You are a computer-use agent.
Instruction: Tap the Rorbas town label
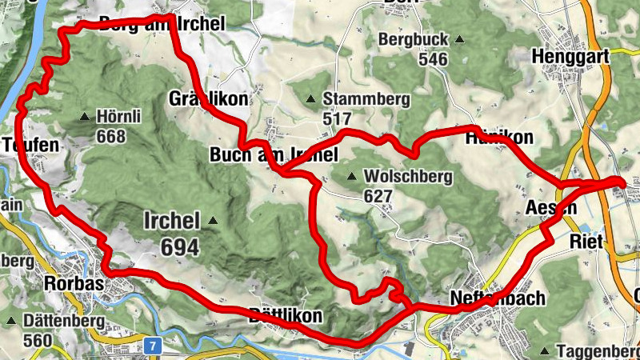pyautogui.click(x=75, y=283)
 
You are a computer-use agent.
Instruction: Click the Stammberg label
pyautogui.click(x=366, y=99)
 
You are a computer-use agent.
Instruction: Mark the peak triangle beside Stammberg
pyautogui.click(x=310, y=99)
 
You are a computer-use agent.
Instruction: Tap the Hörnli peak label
pyautogui.click(x=118, y=117)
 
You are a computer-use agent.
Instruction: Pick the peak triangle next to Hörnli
pyautogui.click(x=84, y=118)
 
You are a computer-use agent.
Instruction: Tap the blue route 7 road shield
pyautogui.click(x=152, y=346)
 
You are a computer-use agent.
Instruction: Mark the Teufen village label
pyautogui.click(x=30, y=145)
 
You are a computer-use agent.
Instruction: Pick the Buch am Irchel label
pyautogui.click(x=274, y=154)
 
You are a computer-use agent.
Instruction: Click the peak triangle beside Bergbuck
pyautogui.click(x=459, y=38)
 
